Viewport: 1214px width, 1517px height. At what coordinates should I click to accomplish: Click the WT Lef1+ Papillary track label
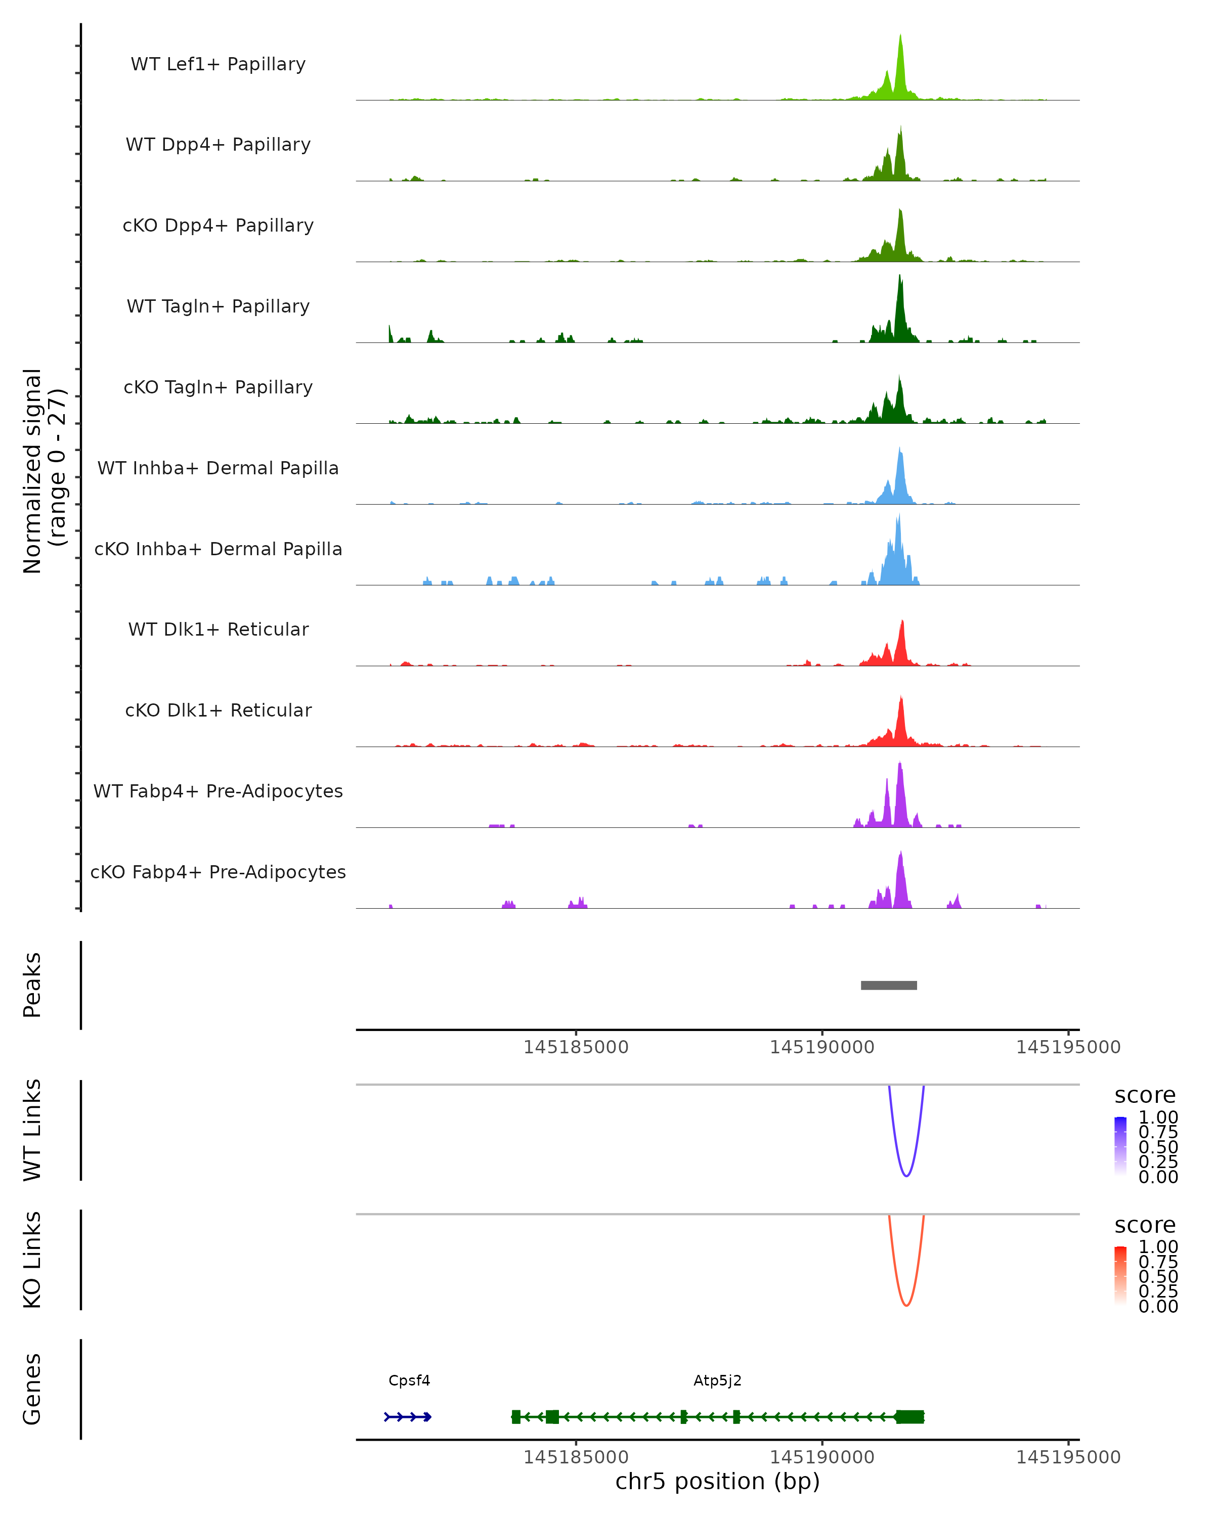coord(218,64)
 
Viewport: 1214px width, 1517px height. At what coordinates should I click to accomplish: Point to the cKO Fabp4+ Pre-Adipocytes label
coord(218,872)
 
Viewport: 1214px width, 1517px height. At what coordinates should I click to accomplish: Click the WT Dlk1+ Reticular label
coord(218,629)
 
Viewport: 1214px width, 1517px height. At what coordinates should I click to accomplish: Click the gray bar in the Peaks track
coord(888,985)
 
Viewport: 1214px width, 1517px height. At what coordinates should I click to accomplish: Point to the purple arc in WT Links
coord(906,1175)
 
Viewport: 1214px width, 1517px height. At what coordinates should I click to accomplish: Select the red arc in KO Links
coord(906,1305)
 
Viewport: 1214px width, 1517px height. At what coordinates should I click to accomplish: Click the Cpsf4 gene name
coord(409,1380)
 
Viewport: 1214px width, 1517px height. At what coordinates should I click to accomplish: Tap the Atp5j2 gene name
coord(717,1380)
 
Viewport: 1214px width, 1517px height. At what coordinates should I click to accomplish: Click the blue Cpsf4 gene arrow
coord(408,1417)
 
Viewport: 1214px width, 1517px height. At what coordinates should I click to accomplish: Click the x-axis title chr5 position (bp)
coord(717,1481)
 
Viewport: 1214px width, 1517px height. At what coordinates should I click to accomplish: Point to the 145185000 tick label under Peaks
coord(576,1047)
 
